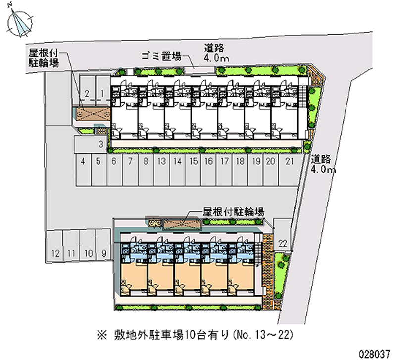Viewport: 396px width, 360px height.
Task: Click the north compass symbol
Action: [x=20, y=23]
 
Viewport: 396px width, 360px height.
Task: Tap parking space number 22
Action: [x=282, y=235]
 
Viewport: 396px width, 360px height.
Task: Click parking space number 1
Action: [x=102, y=91]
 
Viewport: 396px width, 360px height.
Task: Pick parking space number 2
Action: [x=87, y=91]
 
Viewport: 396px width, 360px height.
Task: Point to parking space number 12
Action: [x=54, y=246]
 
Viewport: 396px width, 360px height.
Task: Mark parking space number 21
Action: [x=290, y=170]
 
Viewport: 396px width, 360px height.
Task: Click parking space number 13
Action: [x=162, y=170]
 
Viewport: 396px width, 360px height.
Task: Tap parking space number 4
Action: [x=83, y=170]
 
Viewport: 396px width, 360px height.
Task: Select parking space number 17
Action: [x=224, y=170]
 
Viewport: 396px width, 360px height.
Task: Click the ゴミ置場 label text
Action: [x=161, y=56]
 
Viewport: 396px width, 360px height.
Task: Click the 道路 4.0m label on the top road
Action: [x=216, y=53]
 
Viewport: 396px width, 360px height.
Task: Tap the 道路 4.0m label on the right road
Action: [x=323, y=164]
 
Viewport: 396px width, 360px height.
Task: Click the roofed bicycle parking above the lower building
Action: [x=182, y=224]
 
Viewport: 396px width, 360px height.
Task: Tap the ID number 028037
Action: [x=375, y=354]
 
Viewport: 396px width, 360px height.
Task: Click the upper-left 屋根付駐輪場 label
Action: [x=44, y=58]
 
